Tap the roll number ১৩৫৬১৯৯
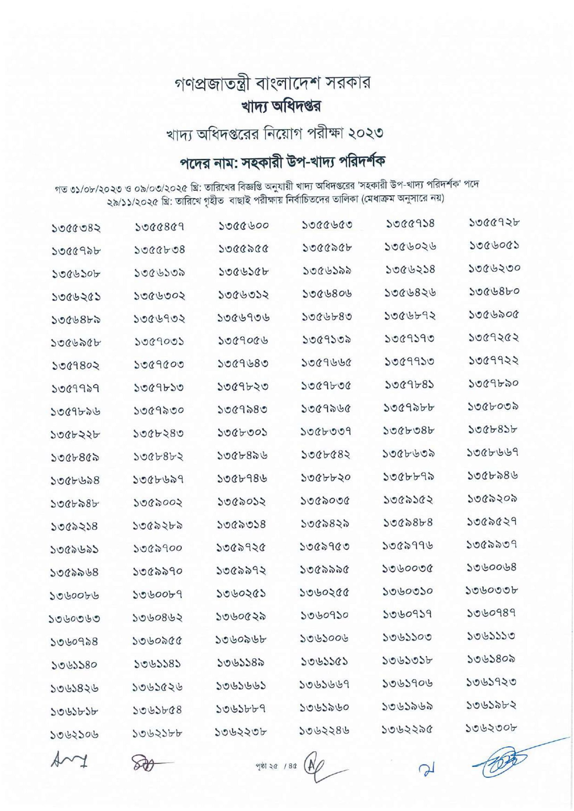click(327, 270)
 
